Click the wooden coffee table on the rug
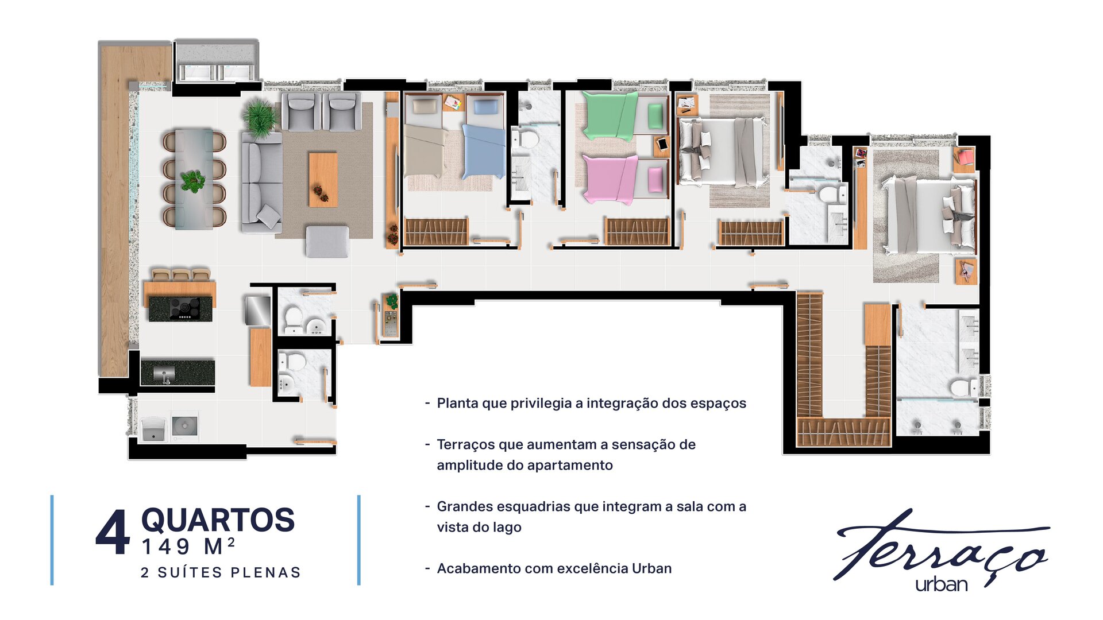(x=323, y=179)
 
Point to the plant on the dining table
(x=192, y=180)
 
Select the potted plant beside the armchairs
(x=260, y=118)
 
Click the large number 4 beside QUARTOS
(x=113, y=533)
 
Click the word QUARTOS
(x=218, y=520)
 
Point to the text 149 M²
(x=188, y=547)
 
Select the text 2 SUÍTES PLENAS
(x=221, y=572)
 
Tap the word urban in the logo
(x=942, y=584)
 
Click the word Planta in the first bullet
(x=458, y=403)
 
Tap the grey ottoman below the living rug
(x=327, y=241)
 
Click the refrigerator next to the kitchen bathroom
(x=258, y=311)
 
